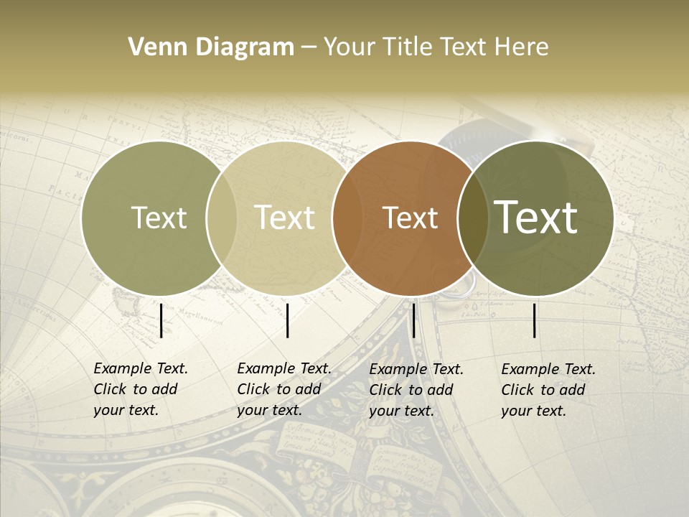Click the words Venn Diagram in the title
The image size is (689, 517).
click(211, 47)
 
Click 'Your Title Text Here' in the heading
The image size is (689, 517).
click(436, 47)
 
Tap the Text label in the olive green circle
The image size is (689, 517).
click(159, 218)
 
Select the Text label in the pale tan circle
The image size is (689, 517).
click(285, 218)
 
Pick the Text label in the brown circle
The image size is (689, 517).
click(411, 218)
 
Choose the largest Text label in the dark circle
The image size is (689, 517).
click(536, 217)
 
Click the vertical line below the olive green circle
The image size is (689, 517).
click(161, 320)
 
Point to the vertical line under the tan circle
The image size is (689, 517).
click(287, 320)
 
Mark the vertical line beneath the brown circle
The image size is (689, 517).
click(413, 320)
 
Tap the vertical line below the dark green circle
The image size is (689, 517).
click(535, 320)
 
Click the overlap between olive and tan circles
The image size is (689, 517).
click(222, 218)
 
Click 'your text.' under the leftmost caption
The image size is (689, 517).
click(126, 411)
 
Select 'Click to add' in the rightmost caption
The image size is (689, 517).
click(543, 390)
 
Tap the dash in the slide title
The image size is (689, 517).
click(309, 48)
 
